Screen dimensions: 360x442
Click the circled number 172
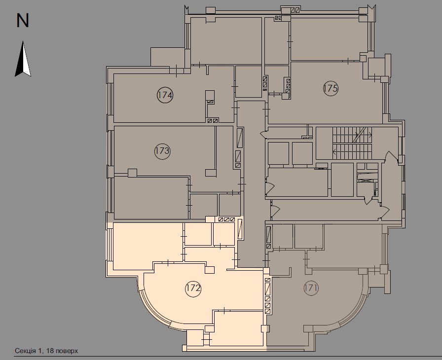click(x=193, y=288)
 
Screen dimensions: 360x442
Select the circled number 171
click(x=311, y=288)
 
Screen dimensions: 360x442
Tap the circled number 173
click(x=162, y=151)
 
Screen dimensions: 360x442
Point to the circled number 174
click(x=165, y=95)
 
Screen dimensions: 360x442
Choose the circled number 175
click(x=331, y=89)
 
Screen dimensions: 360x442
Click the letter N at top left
click(x=23, y=20)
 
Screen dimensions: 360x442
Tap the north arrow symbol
click(x=23, y=60)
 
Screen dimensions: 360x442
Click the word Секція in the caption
click(x=25, y=351)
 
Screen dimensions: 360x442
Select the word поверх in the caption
click(x=67, y=351)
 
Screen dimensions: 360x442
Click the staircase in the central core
click(x=351, y=143)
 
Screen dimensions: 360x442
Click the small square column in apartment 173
click(x=132, y=173)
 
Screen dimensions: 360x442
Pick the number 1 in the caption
click(x=41, y=351)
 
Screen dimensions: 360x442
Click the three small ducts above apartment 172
click(x=227, y=220)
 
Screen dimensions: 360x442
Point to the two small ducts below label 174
click(x=213, y=120)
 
